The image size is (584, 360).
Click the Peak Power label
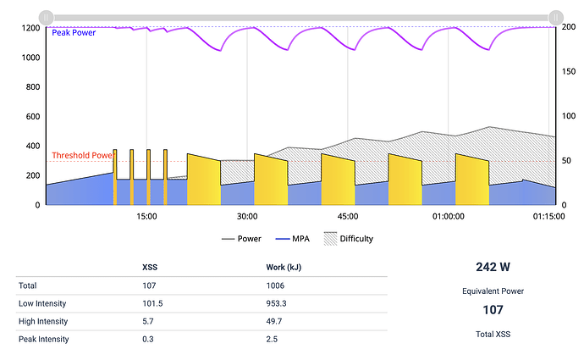(73, 33)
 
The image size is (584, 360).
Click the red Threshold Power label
(81, 156)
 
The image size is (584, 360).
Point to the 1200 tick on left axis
(31, 28)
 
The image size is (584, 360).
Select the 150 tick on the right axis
(567, 72)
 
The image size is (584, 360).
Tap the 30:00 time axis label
(246, 216)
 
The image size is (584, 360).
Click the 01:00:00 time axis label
(448, 216)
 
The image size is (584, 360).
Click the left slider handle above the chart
(47, 16)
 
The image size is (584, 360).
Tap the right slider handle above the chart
(555, 16)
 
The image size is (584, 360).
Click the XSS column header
(152, 268)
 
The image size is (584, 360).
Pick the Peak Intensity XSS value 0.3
(150, 340)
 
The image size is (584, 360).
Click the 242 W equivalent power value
(493, 266)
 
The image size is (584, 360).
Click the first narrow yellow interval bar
(115, 176)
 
